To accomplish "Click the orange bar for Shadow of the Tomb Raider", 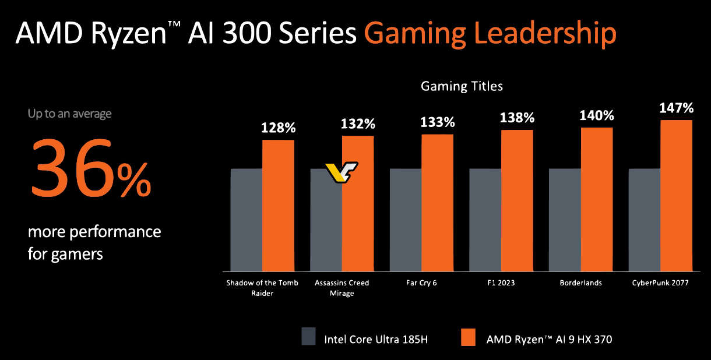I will point(278,206).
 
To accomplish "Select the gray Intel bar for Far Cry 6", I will point(406,220).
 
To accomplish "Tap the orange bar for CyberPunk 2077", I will point(676,196).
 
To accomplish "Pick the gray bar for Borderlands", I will point(565,220).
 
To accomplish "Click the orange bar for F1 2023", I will point(517,200).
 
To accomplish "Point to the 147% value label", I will point(676,108).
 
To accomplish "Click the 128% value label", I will point(279,128).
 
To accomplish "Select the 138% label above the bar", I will point(517,118).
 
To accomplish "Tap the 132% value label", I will point(358,123).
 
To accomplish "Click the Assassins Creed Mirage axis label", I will point(342,288).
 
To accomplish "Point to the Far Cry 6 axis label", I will point(421,283).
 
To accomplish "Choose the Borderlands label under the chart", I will point(580,283).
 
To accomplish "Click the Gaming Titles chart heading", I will point(462,87).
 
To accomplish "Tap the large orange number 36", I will point(71,168).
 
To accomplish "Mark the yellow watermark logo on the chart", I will point(342,172).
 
